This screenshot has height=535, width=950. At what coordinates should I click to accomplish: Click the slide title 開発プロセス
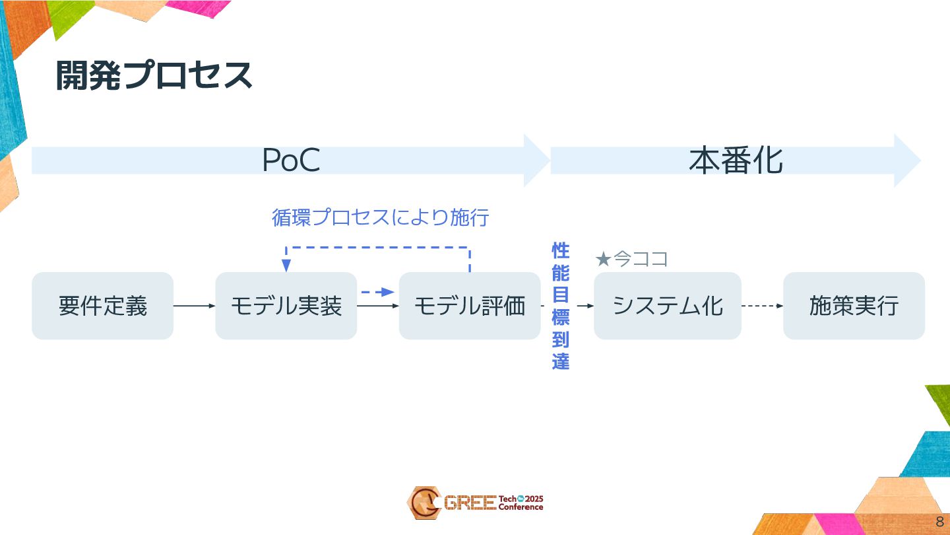click(x=154, y=75)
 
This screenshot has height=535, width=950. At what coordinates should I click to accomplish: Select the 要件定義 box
click(x=102, y=306)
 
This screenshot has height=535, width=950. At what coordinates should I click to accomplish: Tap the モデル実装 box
click(x=286, y=306)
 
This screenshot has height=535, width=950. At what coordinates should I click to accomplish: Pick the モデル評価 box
click(x=469, y=306)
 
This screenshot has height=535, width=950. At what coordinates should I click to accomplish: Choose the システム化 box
click(x=668, y=306)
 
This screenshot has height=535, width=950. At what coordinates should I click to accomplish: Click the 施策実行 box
click(x=854, y=306)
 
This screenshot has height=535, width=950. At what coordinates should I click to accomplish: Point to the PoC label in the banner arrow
click(x=291, y=160)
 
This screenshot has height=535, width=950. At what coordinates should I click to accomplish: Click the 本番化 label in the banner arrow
click(x=736, y=160)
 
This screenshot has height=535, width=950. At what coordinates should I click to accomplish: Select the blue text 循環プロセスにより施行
click(x=380, y=217)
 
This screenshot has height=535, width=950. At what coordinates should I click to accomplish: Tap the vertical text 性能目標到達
click(x=560, y=306)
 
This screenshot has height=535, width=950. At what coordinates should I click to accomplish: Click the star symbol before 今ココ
click(x=602, y=260)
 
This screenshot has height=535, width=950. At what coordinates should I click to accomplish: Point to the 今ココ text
click(x=641, y=260)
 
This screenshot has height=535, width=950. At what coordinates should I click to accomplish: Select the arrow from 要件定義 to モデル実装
click(x=194, y=306)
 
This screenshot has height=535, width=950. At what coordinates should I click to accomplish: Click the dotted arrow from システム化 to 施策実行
click(x=762, y=306)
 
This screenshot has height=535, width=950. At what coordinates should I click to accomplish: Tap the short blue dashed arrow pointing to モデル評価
click(x=377, y=292)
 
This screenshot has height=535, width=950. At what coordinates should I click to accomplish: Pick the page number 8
click(x=939, y=522)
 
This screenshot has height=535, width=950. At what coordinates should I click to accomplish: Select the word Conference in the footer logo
click(x=521, y=507)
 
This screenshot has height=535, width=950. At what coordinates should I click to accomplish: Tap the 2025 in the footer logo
click(x=534, y=499)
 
